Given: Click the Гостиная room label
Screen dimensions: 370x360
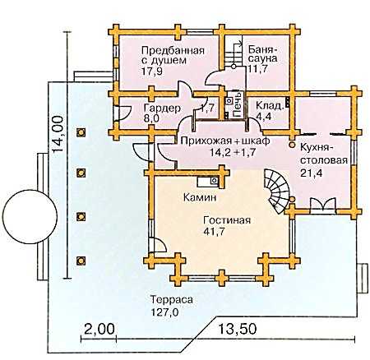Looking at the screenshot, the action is coord(227,220).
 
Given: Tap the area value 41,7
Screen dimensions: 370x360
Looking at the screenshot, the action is coord(214,232).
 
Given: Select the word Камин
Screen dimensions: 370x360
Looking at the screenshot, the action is coord(200,197).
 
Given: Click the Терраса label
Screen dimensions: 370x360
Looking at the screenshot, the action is coord(172,300).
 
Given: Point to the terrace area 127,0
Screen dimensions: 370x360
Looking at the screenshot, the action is coord(164,312).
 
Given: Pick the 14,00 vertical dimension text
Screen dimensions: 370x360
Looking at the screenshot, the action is coord(58,134).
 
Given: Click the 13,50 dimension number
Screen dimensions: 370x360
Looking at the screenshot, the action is coord(238,329).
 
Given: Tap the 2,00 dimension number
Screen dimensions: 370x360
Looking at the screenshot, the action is coord(99,329).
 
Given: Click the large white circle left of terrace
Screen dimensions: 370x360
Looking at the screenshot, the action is coord(30,216).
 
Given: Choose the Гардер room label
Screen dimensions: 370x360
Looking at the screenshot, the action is coord(162,108).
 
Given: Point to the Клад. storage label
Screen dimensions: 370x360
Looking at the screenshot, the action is coord(269,105).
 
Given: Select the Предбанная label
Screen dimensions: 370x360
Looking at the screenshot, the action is coord(173,51).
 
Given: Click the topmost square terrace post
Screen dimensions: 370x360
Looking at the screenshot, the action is coord(81,132).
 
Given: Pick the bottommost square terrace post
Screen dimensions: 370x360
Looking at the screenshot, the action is coord(81,261).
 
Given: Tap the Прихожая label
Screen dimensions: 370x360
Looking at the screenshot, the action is coord(204,141).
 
